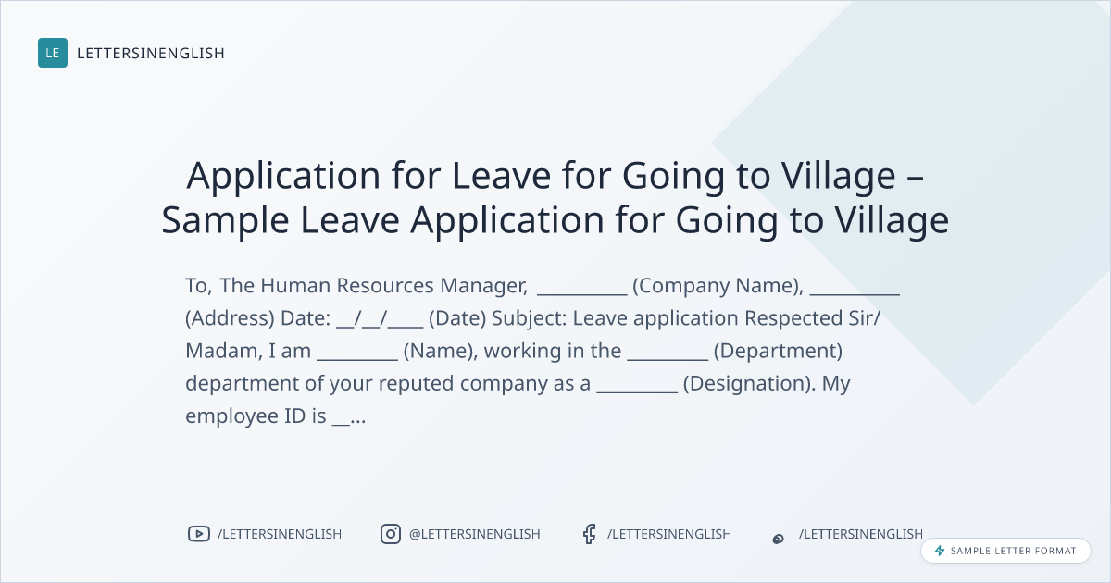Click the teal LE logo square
point(53,53)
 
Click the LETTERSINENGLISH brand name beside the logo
point(151,53)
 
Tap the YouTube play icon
point(199,534)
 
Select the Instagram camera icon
point(391,534)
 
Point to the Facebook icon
point(589,534)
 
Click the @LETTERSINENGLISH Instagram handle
point(475,534)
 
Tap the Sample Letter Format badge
point(1005,551)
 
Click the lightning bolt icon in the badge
point(940,551)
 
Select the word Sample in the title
point(225,220)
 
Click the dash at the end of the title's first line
point(915,177)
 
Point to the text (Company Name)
point(718,286)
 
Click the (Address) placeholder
point(230,318)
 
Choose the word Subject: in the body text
point(530,318)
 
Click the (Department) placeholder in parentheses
point(778,351)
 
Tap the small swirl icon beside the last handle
point(779,539)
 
